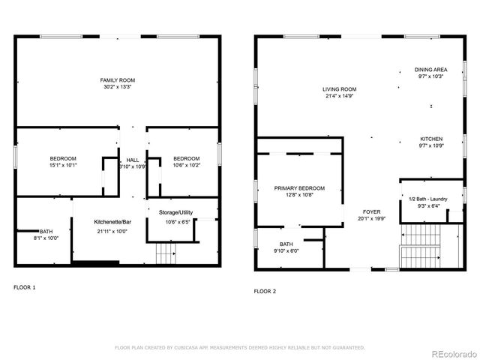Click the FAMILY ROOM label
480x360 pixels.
118,79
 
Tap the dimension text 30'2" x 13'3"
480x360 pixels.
118,87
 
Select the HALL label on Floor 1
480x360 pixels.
133,159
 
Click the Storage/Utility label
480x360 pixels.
175,213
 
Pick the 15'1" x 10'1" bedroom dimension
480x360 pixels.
63,166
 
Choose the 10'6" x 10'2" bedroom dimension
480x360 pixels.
186,166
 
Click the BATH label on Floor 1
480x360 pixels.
46,231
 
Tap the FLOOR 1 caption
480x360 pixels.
24,287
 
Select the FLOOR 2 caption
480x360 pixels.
265,291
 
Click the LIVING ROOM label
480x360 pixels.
339,88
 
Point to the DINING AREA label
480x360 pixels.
431,69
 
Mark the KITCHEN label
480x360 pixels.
431,139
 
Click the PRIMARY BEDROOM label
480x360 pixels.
299,187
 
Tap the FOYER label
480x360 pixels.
370,212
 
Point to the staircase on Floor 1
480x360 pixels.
165,255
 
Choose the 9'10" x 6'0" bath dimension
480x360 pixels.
286,251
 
